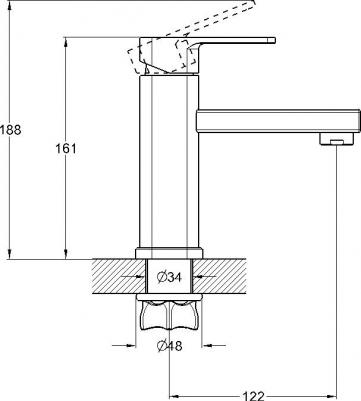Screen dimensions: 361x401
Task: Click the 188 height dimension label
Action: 10,129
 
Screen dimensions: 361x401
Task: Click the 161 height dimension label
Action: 66,148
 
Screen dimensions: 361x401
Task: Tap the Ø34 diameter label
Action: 169,277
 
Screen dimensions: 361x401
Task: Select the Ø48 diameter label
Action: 169,346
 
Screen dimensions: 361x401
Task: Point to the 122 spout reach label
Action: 253,396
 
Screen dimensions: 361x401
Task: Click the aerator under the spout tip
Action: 336,139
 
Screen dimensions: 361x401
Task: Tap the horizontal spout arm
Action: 278,121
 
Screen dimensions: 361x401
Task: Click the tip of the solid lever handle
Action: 274,40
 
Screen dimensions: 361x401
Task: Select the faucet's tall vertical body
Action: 169,162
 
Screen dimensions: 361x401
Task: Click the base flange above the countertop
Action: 169,253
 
